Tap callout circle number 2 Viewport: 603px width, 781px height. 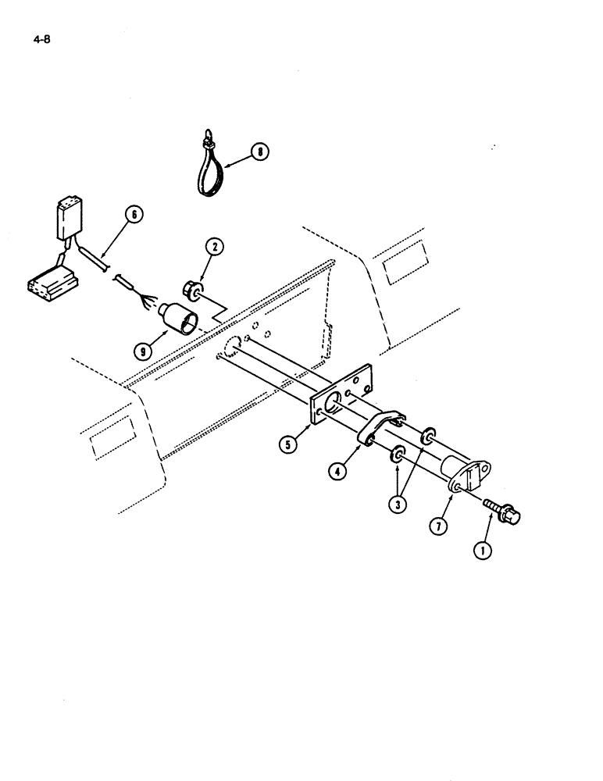215,248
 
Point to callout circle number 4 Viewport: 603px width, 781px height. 337,471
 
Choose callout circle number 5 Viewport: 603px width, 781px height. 291,447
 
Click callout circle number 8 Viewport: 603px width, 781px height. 259,153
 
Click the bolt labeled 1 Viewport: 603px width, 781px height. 503,511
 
